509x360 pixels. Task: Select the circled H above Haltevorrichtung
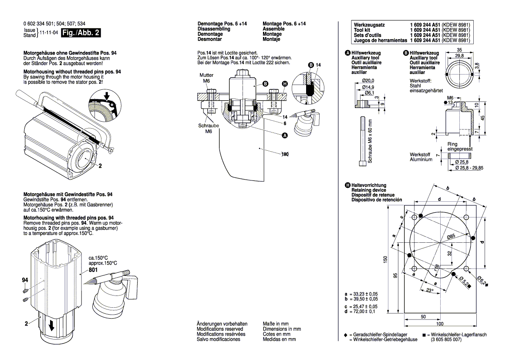coord(347,185)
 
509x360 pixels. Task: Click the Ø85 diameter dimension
coord(451,236)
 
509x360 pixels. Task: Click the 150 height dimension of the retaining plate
coord(385,259)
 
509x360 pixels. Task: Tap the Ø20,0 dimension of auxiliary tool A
coord(368,81)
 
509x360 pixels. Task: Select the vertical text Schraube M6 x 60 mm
coord(371,141)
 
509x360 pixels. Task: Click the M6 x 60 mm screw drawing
coord(361,141)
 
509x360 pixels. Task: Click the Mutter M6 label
coord(206,78)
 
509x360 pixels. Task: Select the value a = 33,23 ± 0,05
coord(361,295)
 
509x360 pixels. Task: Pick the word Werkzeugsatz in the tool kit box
coord(369,25)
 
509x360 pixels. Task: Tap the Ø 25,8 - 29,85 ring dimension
coord(470,167)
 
